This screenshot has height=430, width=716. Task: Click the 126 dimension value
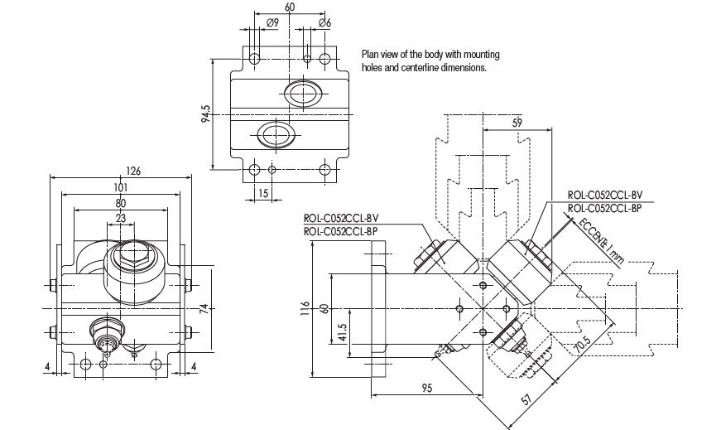tap(132, 171)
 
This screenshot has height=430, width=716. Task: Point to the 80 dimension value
tap(122, 202)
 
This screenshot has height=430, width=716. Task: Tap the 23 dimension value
tap(122, 218)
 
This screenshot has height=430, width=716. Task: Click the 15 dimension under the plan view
tap(263, 193)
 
